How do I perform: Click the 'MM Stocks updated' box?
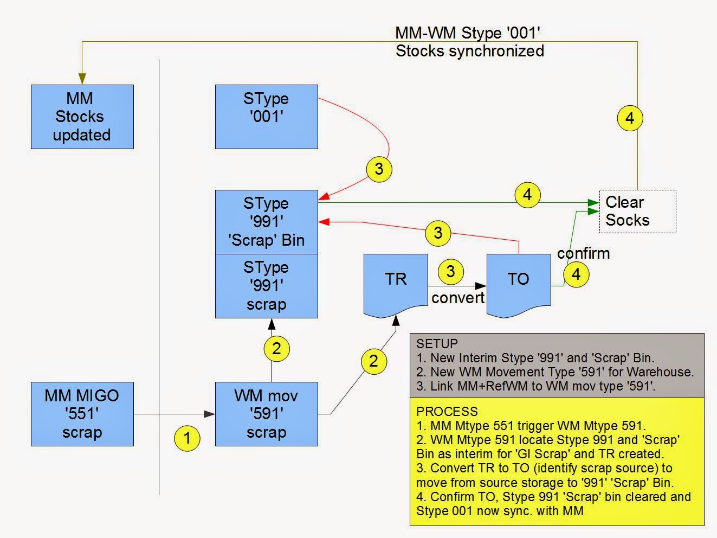click(82, 117)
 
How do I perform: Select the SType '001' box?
click(266, 117)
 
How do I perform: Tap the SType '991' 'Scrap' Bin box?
click(266, 222)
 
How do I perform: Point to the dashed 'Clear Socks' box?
click(637, 212)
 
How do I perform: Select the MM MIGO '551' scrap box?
click(82, 414)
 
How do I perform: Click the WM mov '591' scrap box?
click(266, 414)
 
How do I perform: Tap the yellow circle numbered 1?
click(188, 437)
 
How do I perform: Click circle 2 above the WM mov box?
click(276, 349)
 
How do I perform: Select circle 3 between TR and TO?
click(450, 271)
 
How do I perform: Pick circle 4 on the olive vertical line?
click(630, 118)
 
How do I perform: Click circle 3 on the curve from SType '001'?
click(379, 169)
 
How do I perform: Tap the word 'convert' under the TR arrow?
click(458, 298)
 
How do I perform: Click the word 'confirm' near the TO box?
click(583, 253)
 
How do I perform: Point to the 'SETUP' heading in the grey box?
click(437, 343)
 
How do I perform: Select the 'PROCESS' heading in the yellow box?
click(447, 411)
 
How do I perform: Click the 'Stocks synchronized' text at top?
click(469, 51)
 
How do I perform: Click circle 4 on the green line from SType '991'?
click(527, 195)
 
